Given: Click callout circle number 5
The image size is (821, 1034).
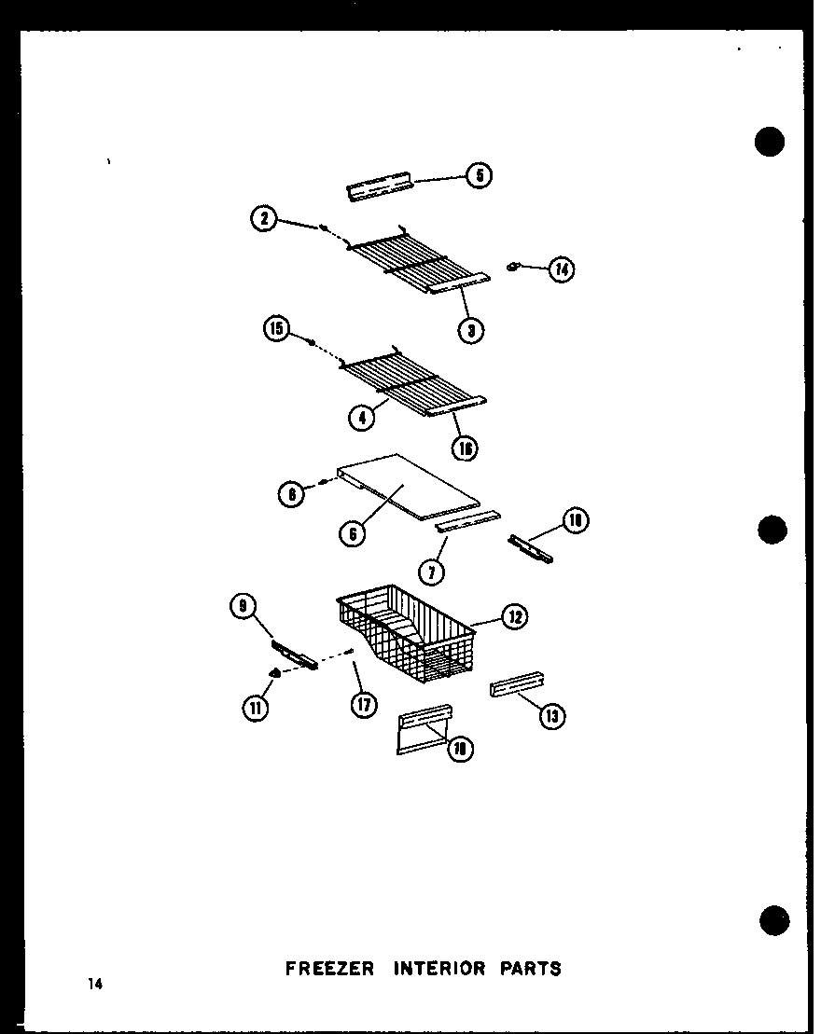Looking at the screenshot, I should (479, 175).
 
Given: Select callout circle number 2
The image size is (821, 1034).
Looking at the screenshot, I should (264, 220).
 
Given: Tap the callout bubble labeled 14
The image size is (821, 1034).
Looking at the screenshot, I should (562, 269).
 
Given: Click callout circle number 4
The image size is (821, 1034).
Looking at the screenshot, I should (360, 418).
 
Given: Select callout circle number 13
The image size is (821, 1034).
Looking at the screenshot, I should (553, 715).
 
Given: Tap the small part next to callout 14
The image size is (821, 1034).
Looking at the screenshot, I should (512, 268).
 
